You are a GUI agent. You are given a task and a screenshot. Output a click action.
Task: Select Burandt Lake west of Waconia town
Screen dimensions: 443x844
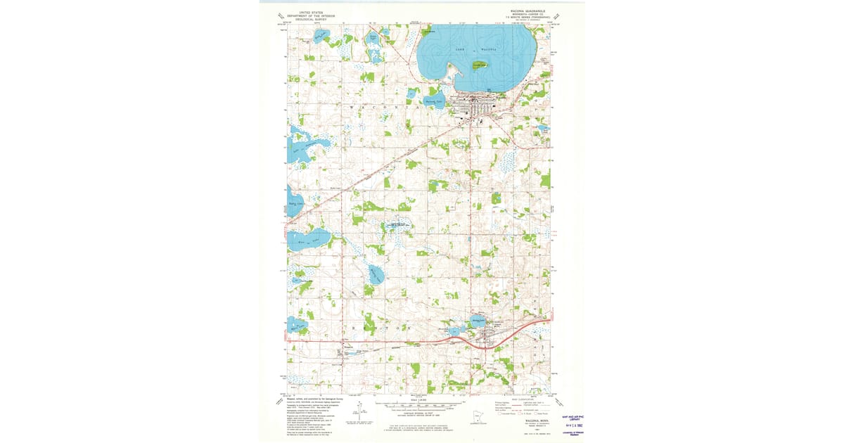click(x=433, y=101)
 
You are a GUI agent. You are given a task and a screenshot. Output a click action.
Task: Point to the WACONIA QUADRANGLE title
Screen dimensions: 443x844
click(x=528, y=12)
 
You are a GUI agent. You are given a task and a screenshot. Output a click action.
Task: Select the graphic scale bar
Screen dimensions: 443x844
click(x=422, y=406)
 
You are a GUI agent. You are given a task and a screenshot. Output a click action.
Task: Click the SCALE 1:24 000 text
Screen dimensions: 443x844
click(x=422, y=399)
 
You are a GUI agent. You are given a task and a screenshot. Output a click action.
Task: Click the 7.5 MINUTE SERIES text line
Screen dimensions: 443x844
click(x=528, y=18)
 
